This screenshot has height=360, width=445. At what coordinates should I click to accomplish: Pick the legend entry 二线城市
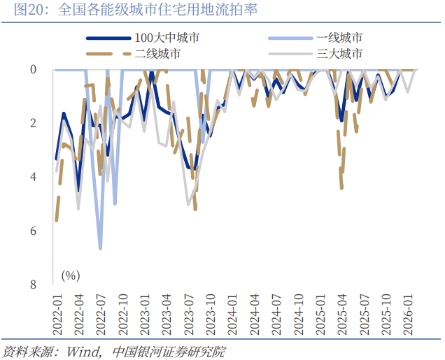click(x=157, y=54)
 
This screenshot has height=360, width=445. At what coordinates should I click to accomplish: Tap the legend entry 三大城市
click(x=339, y=54)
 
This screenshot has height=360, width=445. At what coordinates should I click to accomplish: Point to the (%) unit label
click(x=70, y=275)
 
